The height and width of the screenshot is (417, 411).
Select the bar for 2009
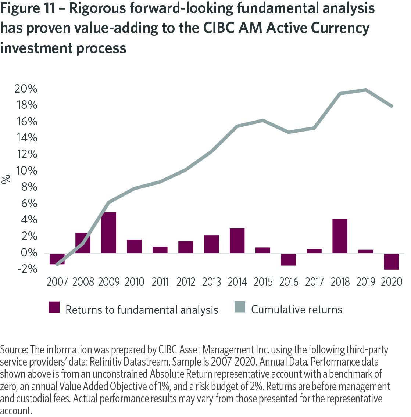pyautogui.click(x=108, y=233)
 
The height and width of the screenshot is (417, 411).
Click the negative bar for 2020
pyautogui.click(x=391, y=262)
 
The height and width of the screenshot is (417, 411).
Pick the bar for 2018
pyautogui.click(x=340, y=236)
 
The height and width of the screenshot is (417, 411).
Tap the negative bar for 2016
pyautogui.click(x=289, y=259)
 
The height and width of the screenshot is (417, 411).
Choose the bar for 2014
pyautogui.click(x=237, y=240)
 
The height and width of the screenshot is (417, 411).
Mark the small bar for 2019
pyautogui.click(x=366, y=251)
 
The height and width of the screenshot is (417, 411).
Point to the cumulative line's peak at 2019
pyautogui.click(x=366, y=90)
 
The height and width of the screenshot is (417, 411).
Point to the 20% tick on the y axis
pyautogui.click(x=26, y=89)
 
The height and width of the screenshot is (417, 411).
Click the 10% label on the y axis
pyautogui.click(x=26, y=170)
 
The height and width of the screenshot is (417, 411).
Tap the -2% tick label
pyautogui.click(x=28, y=269)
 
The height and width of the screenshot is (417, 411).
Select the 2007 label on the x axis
pyautogui.click(x=57, y=282)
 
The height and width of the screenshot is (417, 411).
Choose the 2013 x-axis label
pyautogui.click(x=211, y=282)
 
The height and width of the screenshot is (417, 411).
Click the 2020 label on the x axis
pyautogui.click(x=391, y=282)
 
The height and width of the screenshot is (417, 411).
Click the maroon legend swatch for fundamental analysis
pyautogui.click(x=54, y=307)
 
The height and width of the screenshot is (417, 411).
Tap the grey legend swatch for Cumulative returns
pyautogui.click(x=240, y=307)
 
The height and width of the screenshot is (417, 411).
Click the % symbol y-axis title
pyautogui.click(x=6, y=179)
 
